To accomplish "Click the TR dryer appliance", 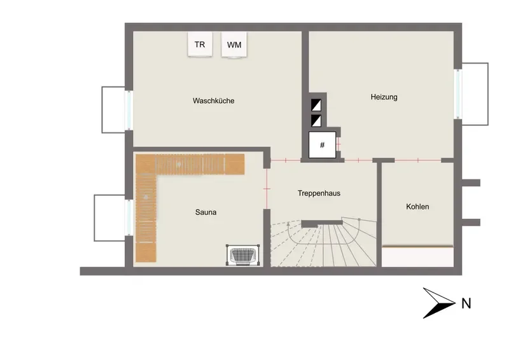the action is pos(200,44).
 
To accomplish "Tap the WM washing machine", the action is pos(234,45).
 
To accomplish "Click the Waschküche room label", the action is pos(214,100).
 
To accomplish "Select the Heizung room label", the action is pos(384,97).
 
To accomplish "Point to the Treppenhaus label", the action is pos(319,193).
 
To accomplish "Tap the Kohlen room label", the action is pos(417,207).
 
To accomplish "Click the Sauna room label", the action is pos(206,212).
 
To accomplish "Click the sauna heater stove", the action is pos(243,255).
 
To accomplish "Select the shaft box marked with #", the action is pos(323,145).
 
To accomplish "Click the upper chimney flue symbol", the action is pos(316,105).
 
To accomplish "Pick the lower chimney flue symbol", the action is pos(316,120).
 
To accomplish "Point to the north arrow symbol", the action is pos(439,303).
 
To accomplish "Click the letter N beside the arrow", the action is pos(466,303).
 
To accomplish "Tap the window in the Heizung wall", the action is pos(458,94).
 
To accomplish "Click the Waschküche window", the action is pos(129,111).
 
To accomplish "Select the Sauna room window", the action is pos(129,218).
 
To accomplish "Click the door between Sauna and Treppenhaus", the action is pos(267,189).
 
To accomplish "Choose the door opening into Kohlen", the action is pos(418,160).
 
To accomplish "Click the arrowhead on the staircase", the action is pos(288,224).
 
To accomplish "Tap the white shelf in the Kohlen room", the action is pos(417,257).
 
